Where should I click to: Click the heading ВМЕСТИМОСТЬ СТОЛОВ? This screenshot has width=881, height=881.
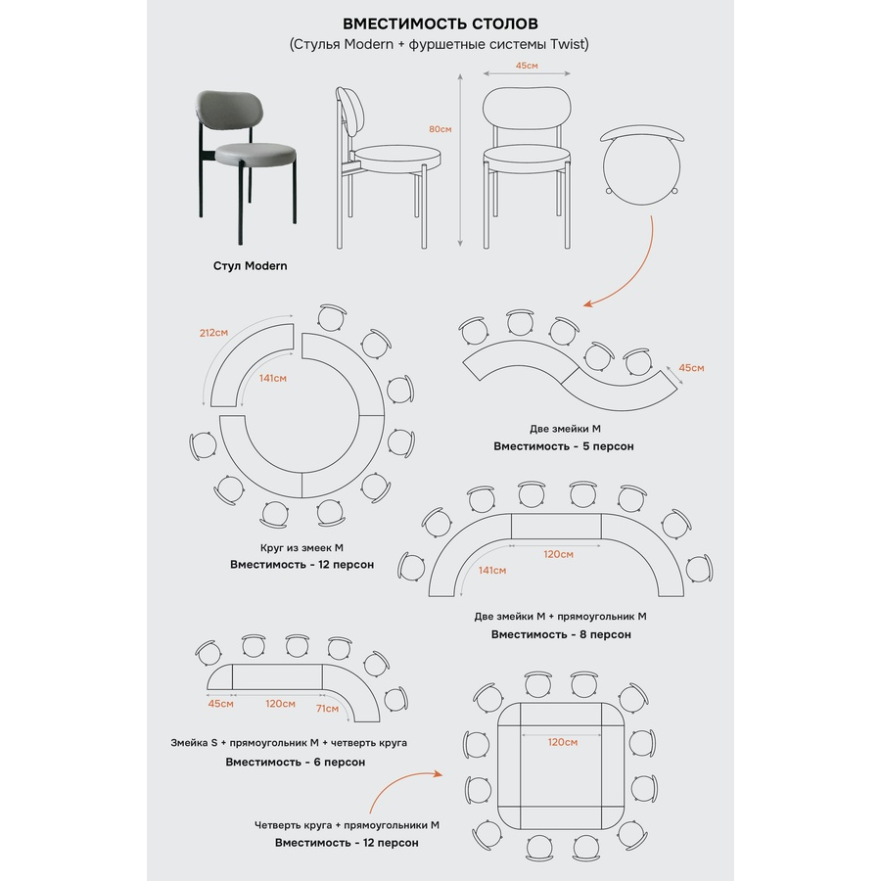440,23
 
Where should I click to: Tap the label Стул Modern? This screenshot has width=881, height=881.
250,265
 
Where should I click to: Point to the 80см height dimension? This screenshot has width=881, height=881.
440,129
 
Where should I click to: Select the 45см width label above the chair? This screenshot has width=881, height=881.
527,66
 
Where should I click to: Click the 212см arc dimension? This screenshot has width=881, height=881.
213,333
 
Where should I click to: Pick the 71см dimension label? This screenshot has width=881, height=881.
327,709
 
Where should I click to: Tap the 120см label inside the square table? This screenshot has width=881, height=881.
563,742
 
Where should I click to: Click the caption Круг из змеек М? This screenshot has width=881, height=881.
301,548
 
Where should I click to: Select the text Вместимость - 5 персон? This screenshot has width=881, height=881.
564,446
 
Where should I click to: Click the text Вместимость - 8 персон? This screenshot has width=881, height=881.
561,634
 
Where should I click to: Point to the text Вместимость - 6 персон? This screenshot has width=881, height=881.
295,762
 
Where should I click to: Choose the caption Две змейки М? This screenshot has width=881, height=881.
565,429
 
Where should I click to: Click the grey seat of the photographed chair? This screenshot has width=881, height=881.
256,151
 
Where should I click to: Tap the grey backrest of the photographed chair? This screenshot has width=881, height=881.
229,109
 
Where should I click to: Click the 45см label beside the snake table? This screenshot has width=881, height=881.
691,368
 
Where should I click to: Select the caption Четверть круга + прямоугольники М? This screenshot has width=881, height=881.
347,825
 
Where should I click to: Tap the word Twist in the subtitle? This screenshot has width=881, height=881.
569,44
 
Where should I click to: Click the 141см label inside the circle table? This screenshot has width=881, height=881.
272,378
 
